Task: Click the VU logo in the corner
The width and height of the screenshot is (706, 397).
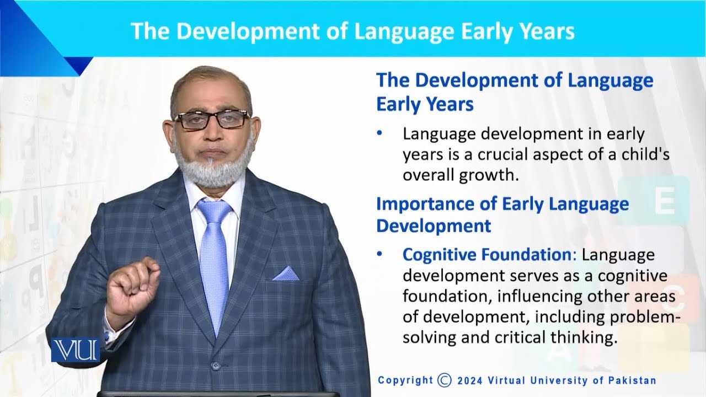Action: (x=76, y=350)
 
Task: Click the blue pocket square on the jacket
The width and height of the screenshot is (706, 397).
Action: (x=286, y=273)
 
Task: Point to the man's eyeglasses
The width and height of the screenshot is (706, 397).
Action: (x=211, y=119)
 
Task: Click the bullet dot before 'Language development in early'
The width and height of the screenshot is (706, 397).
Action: (x=379, y=135)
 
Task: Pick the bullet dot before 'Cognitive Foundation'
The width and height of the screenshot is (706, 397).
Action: (x=379, y=255)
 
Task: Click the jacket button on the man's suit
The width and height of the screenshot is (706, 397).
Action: (x=216, y=366)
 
